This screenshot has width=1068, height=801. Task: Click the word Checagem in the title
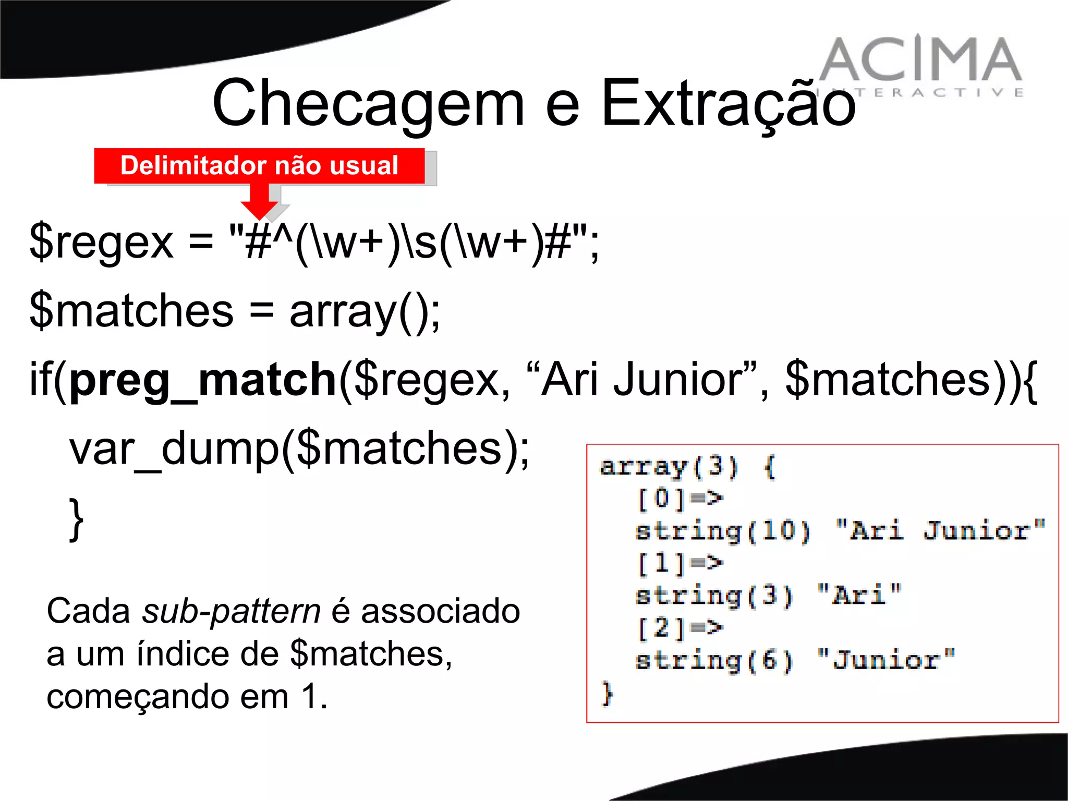368,103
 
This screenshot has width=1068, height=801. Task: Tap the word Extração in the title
728,103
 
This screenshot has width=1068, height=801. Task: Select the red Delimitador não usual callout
259,166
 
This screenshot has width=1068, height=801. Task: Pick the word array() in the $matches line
365,311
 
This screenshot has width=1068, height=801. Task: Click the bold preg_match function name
203,380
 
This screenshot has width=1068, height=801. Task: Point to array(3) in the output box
669,466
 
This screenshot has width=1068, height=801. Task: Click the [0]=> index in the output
680,499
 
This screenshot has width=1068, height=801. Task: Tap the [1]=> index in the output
680,563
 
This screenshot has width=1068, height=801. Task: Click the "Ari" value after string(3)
859,595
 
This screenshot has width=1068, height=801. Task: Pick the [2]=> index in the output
680,627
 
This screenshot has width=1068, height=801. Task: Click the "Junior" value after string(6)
886,660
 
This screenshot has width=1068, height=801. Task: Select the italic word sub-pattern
232,611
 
